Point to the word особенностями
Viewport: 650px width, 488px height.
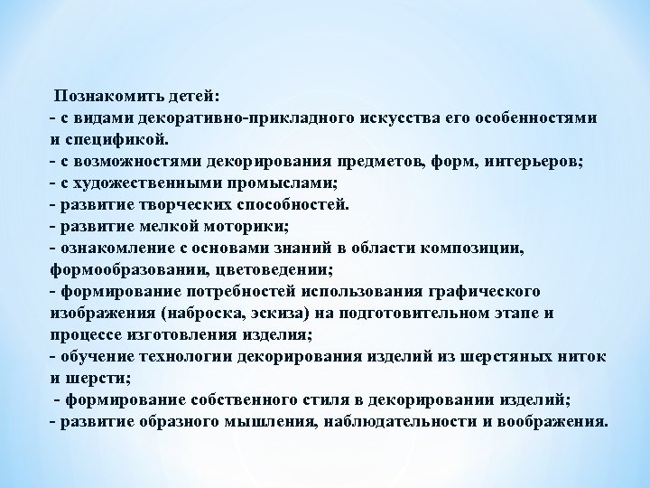point(529,119)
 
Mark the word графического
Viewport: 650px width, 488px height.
point(487,291)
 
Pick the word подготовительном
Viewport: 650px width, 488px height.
point(419,313)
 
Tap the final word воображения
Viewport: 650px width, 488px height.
point(559,421)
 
